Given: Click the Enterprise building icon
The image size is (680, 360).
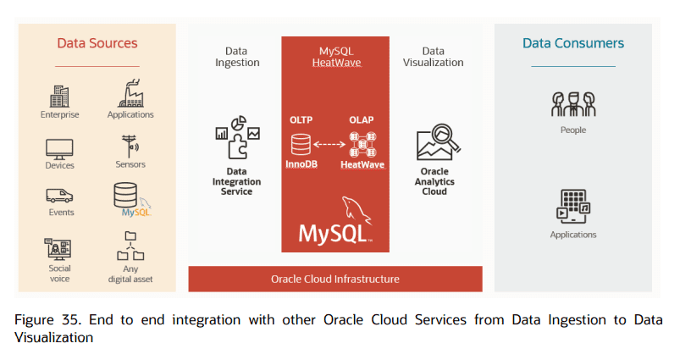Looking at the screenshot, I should pos(59,96).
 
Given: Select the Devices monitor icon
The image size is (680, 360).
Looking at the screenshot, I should pos(59,147).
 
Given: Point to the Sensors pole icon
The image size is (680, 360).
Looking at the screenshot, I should pos(130,146).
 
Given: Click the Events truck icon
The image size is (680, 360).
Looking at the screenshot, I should pos(59,195).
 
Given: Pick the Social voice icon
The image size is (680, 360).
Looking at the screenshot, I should pos(59,248).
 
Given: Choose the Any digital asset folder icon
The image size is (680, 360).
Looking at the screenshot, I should pos(130,246).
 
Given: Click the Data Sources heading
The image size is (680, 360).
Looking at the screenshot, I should pos(97,43).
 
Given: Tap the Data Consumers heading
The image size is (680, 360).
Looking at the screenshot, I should pos(572,43).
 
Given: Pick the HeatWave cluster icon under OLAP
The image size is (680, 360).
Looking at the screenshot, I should pos(362,143).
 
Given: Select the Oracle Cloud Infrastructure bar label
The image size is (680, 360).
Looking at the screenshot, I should pos(334,279).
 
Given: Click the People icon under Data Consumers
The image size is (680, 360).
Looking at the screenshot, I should pos(572,104).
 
